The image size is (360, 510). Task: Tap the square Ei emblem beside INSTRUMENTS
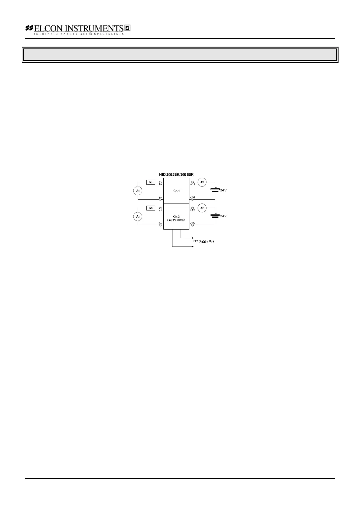click(x=127, y=28)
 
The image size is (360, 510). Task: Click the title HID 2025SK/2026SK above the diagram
click(x=176, y=174)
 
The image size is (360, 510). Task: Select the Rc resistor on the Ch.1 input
click(x=151, y=182)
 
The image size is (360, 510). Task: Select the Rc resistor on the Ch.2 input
click(x=151, y=208)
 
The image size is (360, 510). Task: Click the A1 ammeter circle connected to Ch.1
click(x=138, y=191)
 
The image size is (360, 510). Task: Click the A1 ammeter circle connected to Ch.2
click(x=138, y=217)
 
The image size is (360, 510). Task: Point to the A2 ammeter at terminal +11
click(x=202, y=182)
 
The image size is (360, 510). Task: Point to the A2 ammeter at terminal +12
click(x=202, y=208)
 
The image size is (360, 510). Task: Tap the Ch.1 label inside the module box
click(x=176, y=191)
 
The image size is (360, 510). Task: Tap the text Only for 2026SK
click(x=176, y=220)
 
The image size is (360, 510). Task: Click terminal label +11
click(x=193, y=184)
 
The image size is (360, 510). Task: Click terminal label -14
click(x=192, y=197)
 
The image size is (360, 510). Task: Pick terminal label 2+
click(x=160, y=210)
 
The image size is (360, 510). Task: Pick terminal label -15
click(x=192, y=223)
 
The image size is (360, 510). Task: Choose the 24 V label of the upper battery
click(x=223, y=190)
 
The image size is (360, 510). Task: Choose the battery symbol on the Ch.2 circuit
click(x=215, y=216)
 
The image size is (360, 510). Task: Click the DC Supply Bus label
click(x=204, y=241)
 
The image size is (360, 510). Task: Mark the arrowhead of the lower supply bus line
click(x=193, y=247)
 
